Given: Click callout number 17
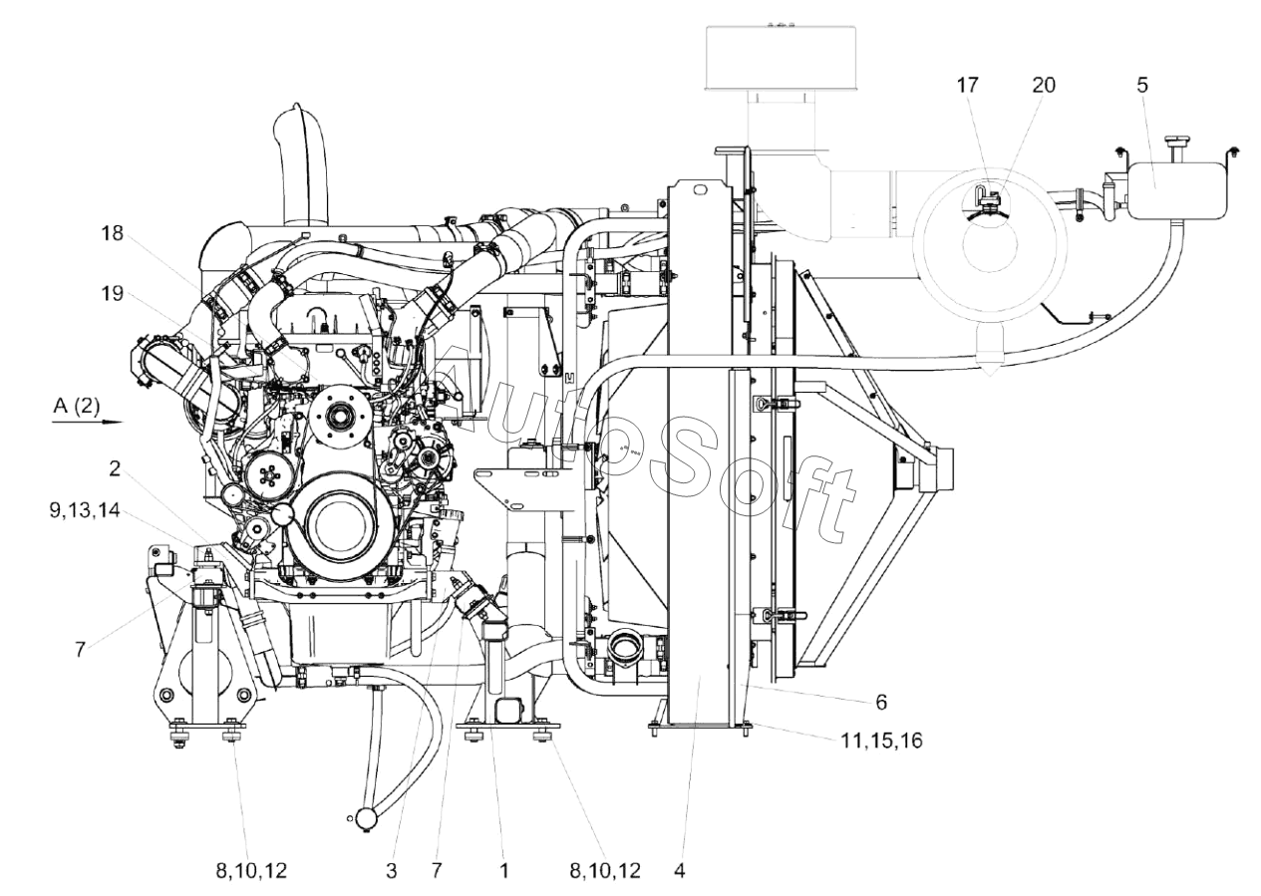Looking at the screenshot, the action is [x=968, y=85].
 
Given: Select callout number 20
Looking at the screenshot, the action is [x=1044, y=85].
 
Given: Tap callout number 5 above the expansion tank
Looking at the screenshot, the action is [x=1142, y=85].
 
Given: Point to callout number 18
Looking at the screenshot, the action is [x=113, y=233].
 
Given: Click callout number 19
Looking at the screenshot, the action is [x=113, y=293].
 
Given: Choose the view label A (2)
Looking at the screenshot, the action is [x=77, y=406].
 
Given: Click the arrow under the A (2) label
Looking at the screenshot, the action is [x=88, y=422].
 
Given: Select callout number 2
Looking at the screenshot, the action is [x=115, y=468].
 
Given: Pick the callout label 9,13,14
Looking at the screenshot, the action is [x=85, y=510].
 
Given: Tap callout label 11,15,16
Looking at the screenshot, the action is [x=881, y=741].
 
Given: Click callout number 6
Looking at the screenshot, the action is [x=881, y=702].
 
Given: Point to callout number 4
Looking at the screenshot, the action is [x=680, y=871].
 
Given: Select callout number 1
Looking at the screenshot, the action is [x=503, y=871].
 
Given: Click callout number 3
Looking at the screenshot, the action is [x=391, y=871].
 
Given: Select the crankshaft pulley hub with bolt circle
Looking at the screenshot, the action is [x=340, y=416].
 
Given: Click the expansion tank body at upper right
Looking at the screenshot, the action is [x=1177, y=190].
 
